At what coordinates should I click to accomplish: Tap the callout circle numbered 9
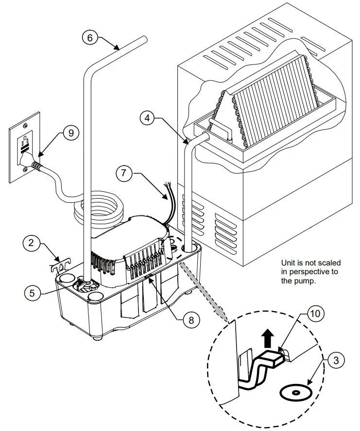coord(70,133)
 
